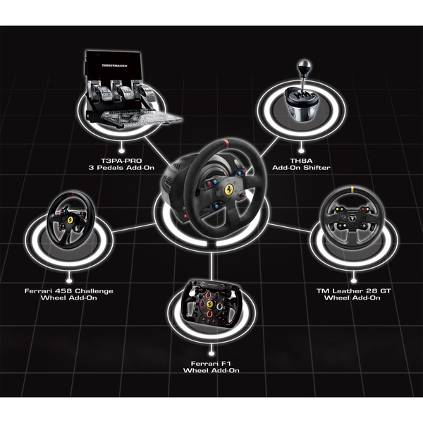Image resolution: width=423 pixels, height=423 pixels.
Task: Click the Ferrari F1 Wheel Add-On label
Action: (x=211, y=366)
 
